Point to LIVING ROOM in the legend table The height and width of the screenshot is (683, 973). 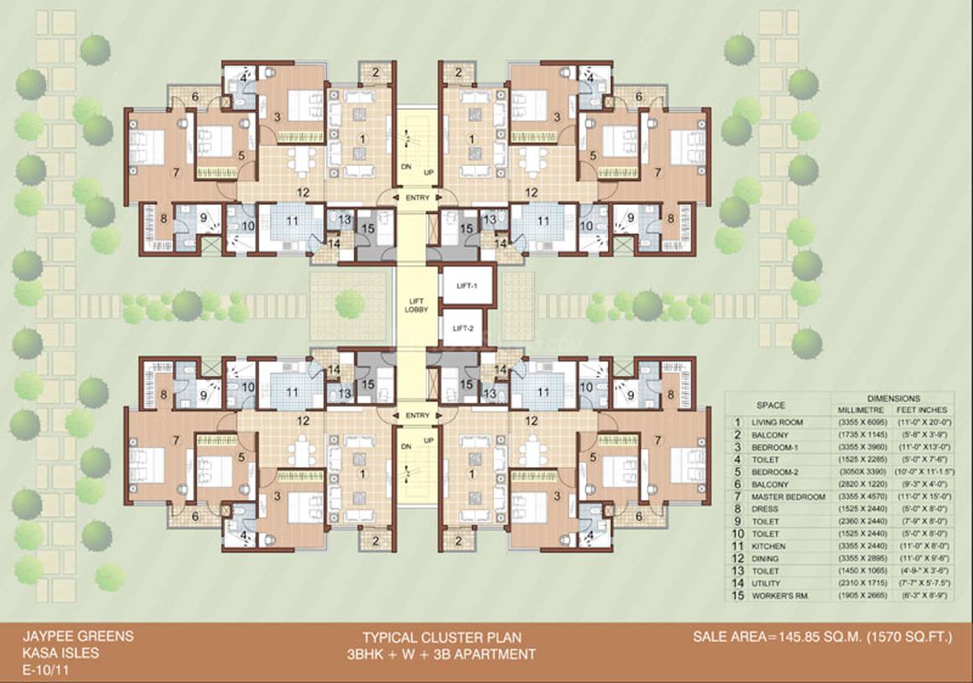(x=779, y=422)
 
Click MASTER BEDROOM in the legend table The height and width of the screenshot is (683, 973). (x=789, y=497)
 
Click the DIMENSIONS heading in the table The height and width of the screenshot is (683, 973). (x=893, y=398)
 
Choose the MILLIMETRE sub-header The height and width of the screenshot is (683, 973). (x=860, y=409)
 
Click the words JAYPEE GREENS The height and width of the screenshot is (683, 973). (x=78, y=636)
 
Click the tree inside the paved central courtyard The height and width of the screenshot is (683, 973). (x=350, y=303)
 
